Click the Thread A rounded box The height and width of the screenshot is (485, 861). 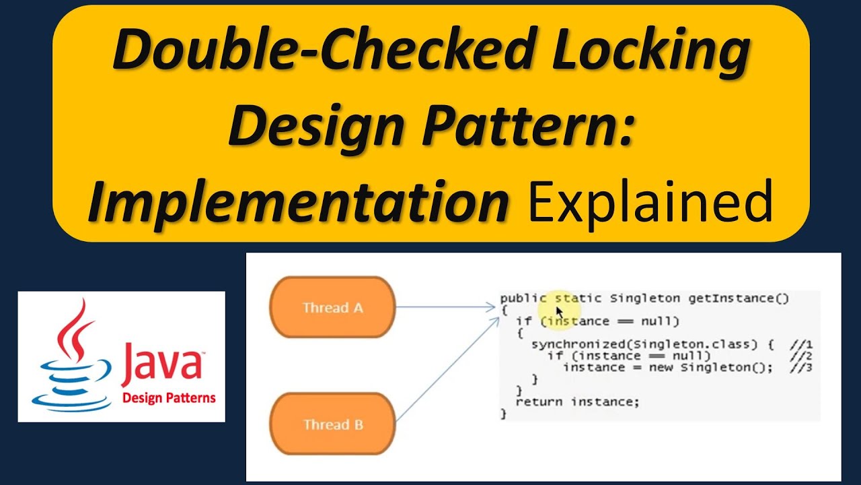click(x=332, y=308)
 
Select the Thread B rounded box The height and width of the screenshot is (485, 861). click(x=332, y=424)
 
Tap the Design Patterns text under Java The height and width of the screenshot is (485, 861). click(x=169, y=397)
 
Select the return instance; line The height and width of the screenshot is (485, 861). click(x=576, y=401)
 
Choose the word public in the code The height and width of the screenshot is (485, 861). click(x=523, y=298)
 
